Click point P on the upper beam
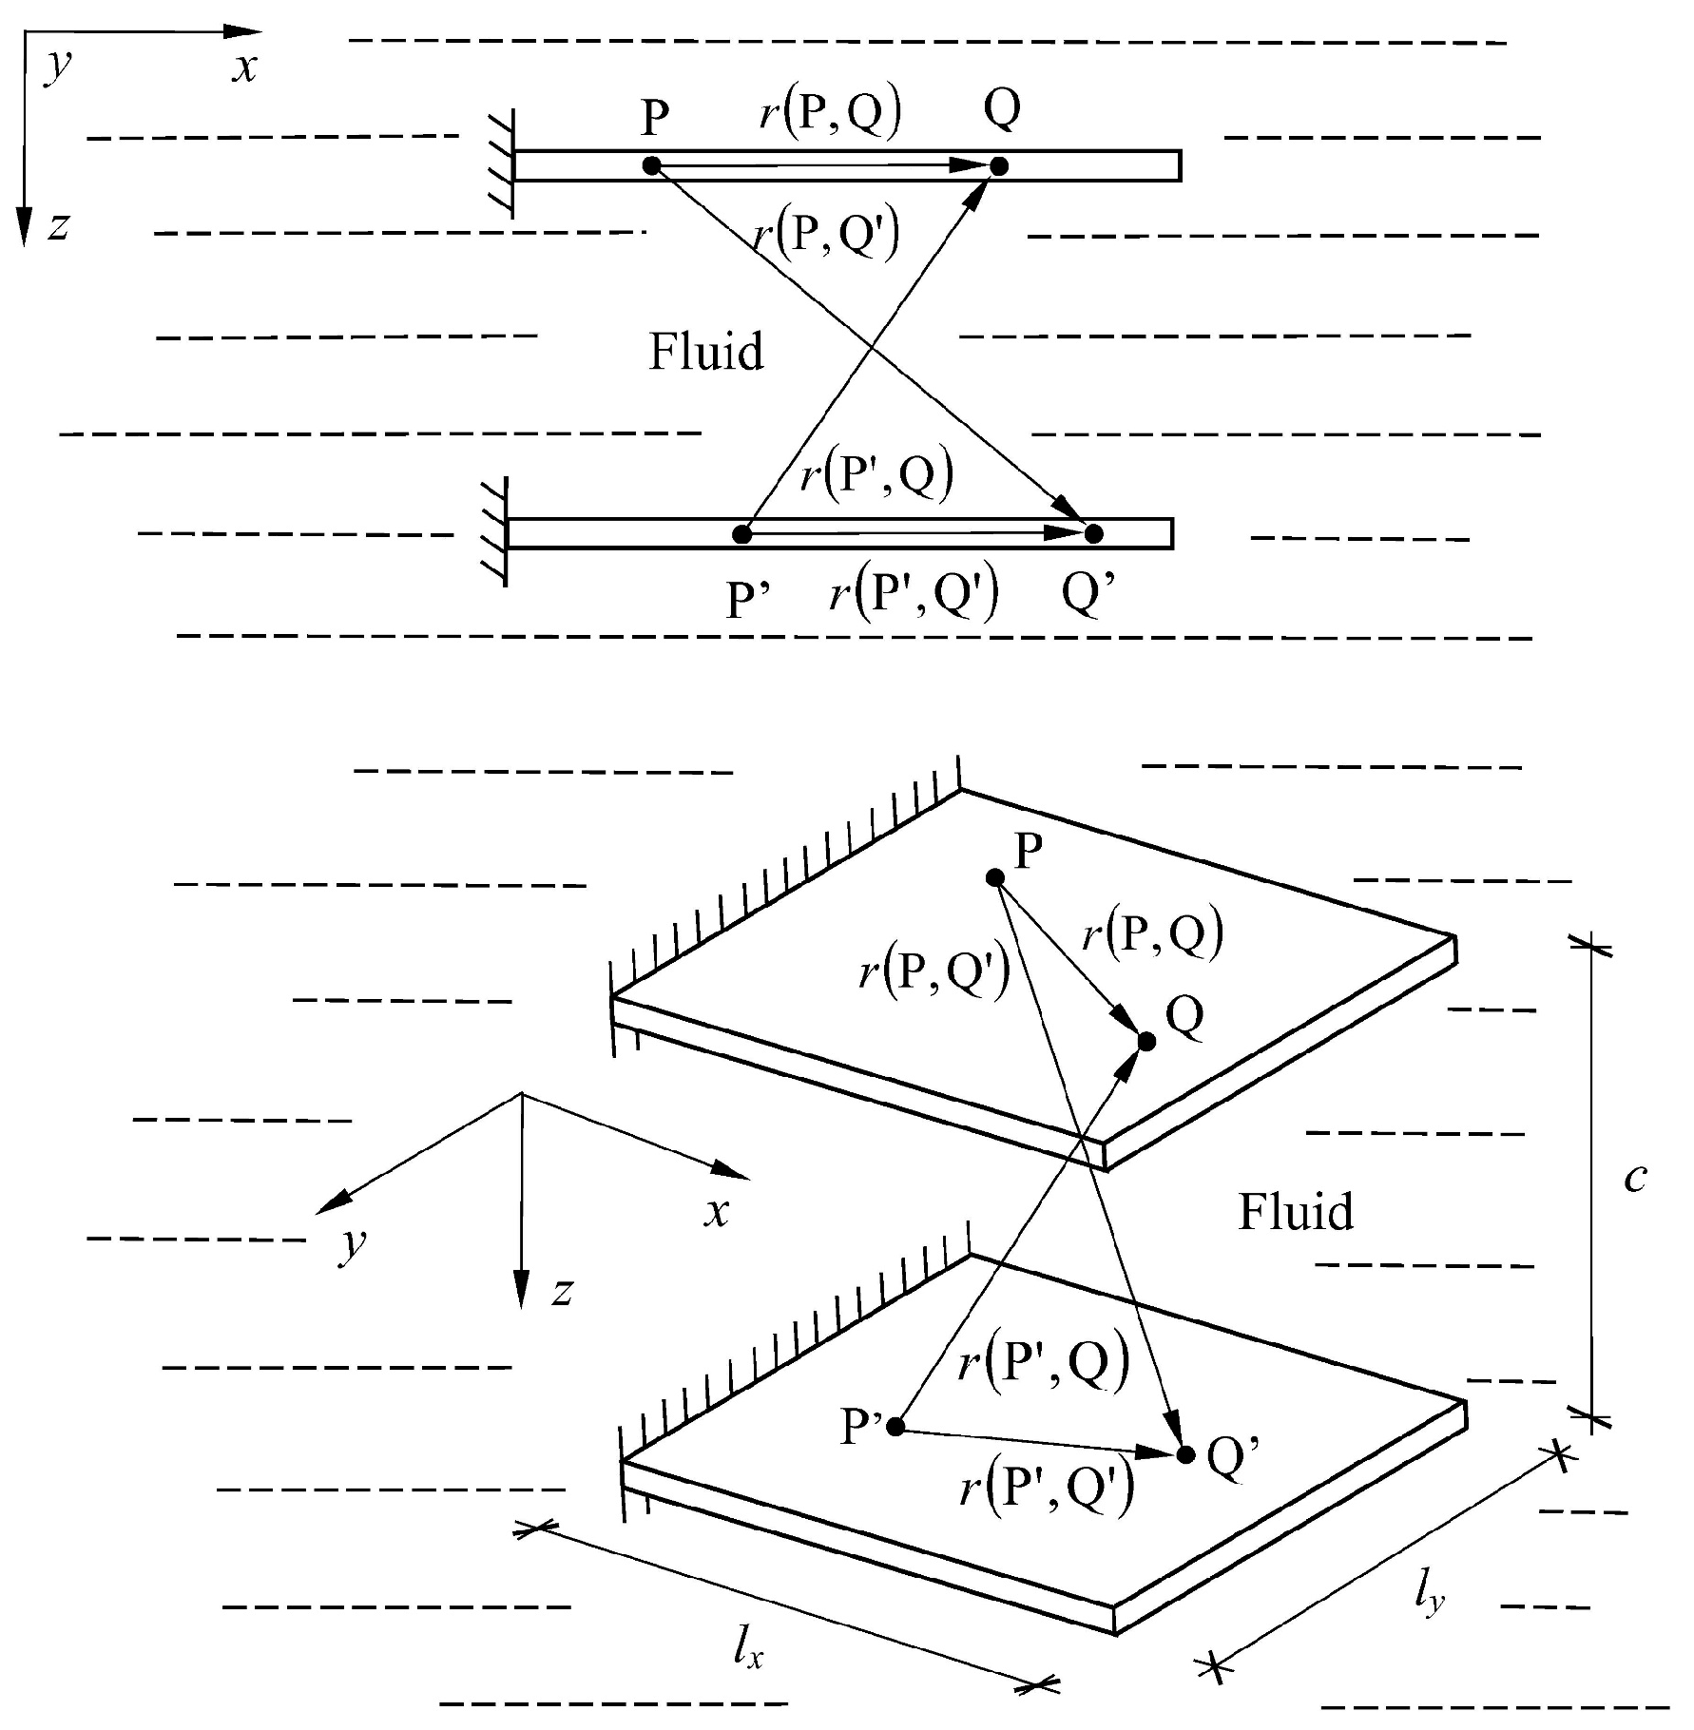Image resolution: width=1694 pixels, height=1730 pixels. click(651, 165)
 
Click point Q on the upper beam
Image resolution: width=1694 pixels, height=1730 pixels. click(999, 166)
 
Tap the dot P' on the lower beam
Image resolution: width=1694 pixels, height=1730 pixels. click(742, 535)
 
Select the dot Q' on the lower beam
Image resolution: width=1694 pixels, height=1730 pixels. click(1094, 533)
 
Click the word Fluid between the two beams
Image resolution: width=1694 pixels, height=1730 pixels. click(705, 352)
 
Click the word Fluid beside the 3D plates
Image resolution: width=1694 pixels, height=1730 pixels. click(1295, 1212)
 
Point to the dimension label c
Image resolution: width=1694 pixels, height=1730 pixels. click(1635, 1178)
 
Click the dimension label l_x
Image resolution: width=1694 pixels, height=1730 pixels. click(748, 1651)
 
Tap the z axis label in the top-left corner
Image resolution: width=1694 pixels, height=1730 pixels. click(59, 227)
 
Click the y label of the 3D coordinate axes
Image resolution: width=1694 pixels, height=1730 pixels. click(353, 1243)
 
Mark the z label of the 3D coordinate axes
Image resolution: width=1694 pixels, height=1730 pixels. click(563, 1291)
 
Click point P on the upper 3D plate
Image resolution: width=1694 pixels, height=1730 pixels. click(995, 877)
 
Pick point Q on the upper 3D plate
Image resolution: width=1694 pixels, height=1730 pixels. click(1146, 1042)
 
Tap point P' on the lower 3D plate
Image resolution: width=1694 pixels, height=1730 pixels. click(895, 1426)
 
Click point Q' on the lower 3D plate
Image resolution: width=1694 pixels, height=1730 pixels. click(1185, 1454)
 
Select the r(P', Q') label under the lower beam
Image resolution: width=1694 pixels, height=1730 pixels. click(914, 595)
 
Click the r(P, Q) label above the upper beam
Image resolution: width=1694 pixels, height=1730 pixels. click(830, 113)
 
